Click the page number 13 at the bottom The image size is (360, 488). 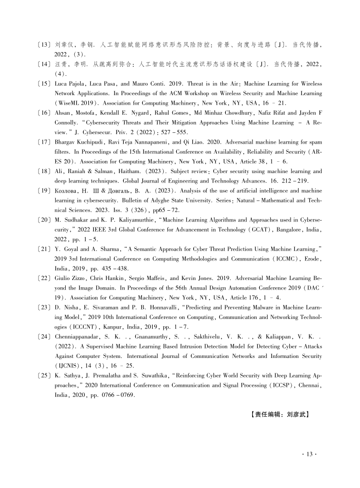308,454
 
